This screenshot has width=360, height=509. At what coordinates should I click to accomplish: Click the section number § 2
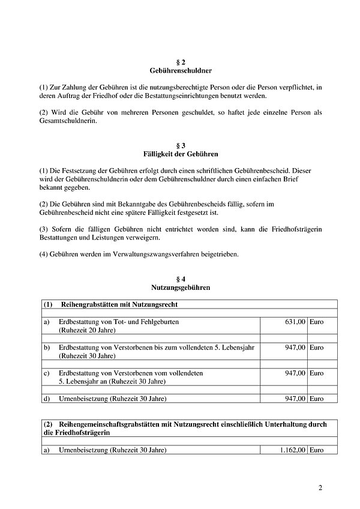tap(179, 62)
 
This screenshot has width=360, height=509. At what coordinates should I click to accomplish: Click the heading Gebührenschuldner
tap(179, 71)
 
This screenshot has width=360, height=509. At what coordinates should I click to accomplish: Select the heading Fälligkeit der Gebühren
tap(179, 154)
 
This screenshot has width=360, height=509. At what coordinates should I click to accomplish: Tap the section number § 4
tap(179, 279)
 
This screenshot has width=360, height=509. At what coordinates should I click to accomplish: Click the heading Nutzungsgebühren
tap(179, 288)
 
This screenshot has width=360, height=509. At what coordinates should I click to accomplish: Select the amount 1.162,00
tap(291, 450)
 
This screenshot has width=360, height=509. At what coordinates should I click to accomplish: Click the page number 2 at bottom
tap(320, 487)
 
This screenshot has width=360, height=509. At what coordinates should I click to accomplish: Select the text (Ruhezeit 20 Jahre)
tap(87, 331)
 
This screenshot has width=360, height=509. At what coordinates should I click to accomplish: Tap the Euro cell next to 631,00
tap(316, 322)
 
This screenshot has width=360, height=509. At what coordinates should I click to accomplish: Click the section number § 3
tap(179, 146)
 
